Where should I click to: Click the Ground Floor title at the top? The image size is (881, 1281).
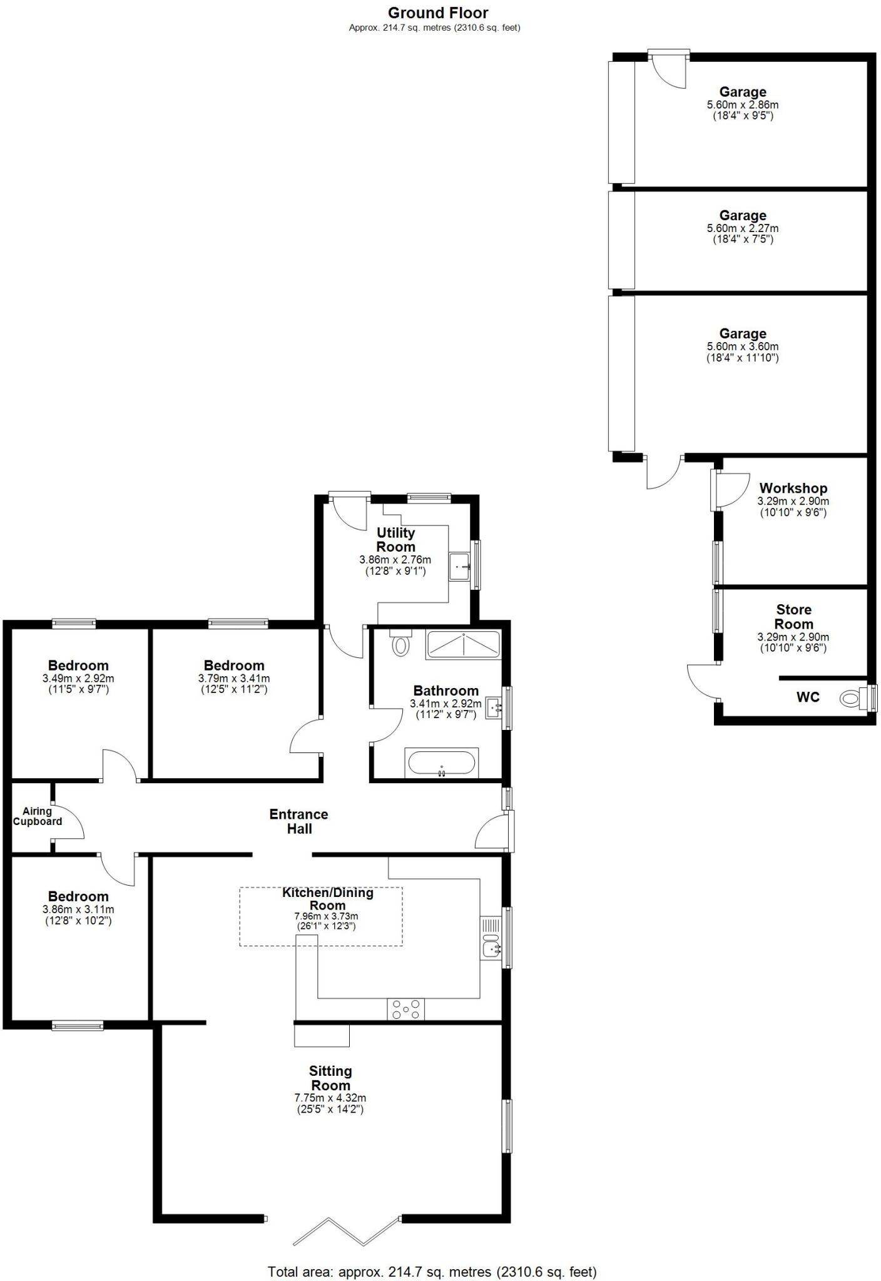point(437,13)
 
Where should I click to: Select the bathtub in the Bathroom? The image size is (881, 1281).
point(442,762)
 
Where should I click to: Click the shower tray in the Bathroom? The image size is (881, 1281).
point(463,644)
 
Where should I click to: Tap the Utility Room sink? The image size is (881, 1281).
point(460,567)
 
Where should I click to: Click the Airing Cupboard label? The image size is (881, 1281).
point(38,816)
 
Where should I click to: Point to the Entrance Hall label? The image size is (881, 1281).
point(299,821)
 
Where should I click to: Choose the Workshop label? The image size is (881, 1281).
point(793,488)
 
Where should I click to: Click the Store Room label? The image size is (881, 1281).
point(793,617)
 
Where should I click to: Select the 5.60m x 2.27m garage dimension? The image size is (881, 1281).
point(742,229)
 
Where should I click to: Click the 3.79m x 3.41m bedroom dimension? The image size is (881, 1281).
point(234,679)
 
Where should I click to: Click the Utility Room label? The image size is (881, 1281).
point(395,539)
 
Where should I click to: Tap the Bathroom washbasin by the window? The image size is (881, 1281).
point(495,707)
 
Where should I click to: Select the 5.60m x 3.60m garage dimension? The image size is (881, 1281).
point(742,347)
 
